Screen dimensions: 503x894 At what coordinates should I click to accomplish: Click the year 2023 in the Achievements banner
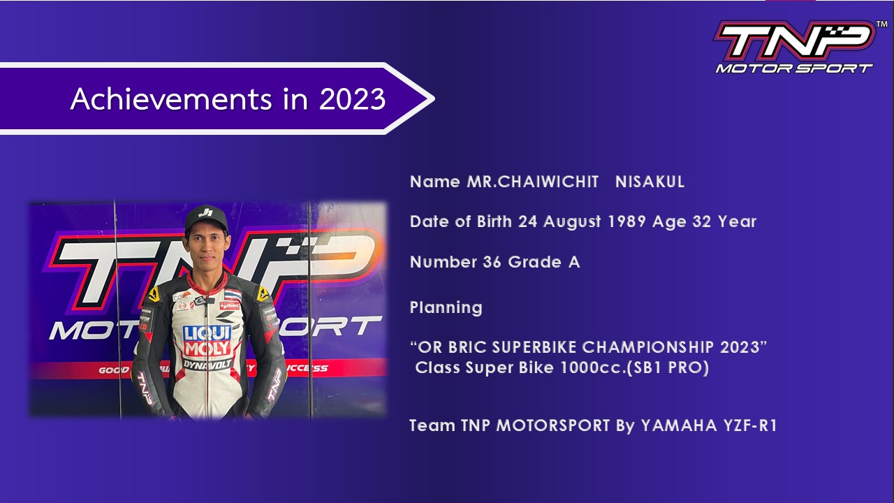[x=352, y=99]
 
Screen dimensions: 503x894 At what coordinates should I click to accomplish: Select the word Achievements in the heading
[x=173, y=99]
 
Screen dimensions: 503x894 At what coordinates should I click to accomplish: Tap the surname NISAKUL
[x=650, y=182]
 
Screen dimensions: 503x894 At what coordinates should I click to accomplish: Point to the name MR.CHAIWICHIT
[x=533, y=182]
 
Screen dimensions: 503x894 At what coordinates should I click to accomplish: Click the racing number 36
[x=492, y=263]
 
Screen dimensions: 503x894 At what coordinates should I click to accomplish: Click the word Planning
[x=446, y=308]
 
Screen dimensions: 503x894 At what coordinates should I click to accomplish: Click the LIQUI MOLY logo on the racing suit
[x=206, y=340]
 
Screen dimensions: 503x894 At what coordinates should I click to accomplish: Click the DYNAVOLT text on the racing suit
[x=207, y=363]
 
